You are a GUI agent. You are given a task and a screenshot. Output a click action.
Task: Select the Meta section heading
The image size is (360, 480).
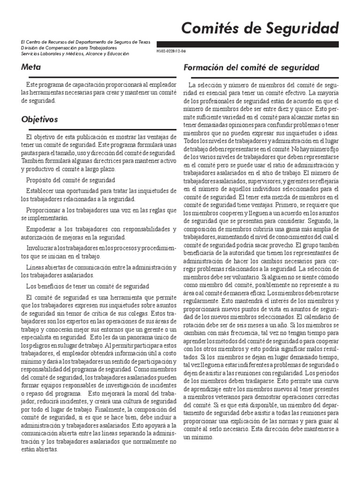30,67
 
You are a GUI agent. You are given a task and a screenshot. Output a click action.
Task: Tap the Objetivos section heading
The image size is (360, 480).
39,120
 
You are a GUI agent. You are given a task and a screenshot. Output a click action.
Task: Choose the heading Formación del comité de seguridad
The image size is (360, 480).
251,67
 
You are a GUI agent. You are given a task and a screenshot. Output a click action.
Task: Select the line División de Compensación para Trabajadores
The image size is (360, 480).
69,48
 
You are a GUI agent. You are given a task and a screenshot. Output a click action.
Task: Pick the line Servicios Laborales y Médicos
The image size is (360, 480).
75,54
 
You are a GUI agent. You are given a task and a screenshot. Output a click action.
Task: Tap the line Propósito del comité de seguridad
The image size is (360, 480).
70,180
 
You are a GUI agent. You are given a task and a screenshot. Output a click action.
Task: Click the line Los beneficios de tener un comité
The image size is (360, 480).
88,286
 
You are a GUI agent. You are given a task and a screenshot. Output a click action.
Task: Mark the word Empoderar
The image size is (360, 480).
43,229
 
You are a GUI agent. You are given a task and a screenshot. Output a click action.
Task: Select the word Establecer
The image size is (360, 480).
43,191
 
